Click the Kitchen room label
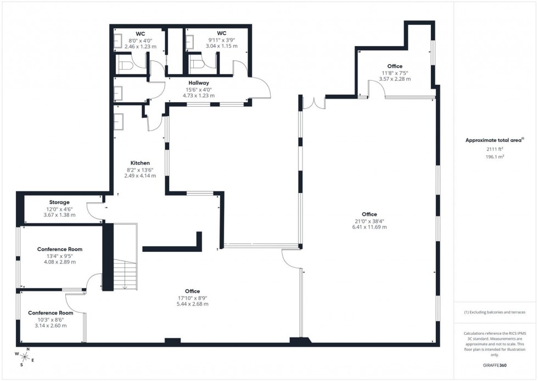click(x=139, y=163)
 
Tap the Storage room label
click(x=59, y=202)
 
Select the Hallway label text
click(x=198, y=82)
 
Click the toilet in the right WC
click(x=196, y=65)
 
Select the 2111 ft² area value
click(x=495, y=149)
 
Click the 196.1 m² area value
click(x=495, y=156)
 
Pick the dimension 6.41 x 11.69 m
click(x=369, y=227)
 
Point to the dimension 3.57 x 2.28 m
click(x=395, y=79)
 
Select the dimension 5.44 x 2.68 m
click(x=192, y=303)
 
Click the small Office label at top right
click(x=395, y=66)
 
